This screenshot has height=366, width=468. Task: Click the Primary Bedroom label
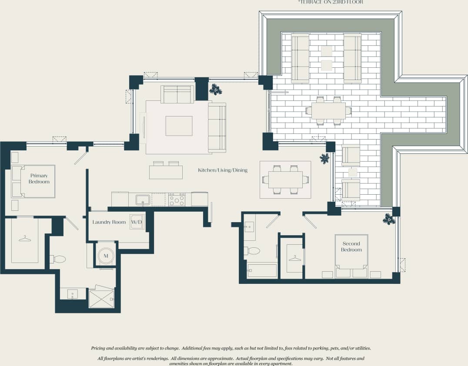pos(39,179)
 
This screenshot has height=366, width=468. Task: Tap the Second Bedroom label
pos(351,246)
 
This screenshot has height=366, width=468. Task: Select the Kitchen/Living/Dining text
pos(223,170)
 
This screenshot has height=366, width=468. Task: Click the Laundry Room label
pos(109,222)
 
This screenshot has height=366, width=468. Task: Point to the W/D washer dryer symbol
pos(136,222)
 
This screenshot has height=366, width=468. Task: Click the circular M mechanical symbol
pos(106,256)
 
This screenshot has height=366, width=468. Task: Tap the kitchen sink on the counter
pos(143,200)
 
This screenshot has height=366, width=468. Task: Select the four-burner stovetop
pos(177,200)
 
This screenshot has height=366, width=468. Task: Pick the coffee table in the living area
pos(179,126)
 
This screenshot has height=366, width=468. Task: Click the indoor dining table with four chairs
pos(285,180)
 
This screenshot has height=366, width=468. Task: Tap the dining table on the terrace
pos(328,110)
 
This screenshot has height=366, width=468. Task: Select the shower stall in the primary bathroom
pos(101,299)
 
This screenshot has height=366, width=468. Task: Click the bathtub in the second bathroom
pos(262,270)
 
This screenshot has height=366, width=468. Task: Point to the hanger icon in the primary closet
pos(25,238)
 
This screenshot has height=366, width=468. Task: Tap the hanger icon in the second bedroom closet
pos(295,258)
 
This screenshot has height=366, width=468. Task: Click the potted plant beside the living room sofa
pos(215,90)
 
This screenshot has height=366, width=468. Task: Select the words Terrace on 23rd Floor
pos(331,2)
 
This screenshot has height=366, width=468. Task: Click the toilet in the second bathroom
pos(252,251)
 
